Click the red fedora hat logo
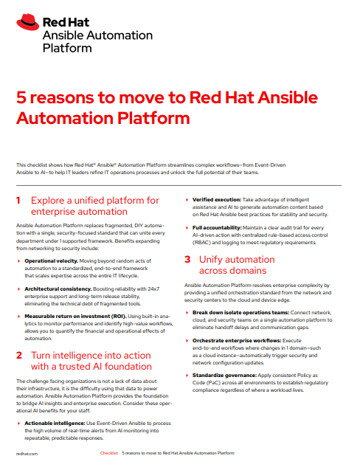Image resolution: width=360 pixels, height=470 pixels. [x=27, y=22]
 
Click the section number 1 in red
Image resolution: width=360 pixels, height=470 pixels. [x=18, y=200]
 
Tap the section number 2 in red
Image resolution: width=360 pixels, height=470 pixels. [x=19, y=355]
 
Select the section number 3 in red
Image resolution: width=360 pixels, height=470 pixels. [x=187, y=259]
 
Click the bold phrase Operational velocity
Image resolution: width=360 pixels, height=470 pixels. [x=51, y=260]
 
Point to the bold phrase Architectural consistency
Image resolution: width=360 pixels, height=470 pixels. [x=58, y=289]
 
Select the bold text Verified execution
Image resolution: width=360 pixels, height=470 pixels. [x=217, y=200]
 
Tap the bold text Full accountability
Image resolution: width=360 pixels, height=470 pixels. [x=217, y=228]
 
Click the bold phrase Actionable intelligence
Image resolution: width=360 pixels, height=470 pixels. [x=55, y=424]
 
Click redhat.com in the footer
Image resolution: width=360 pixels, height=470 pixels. [x=27, y=454]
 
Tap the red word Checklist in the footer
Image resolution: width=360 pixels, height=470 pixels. [x=108, y=453]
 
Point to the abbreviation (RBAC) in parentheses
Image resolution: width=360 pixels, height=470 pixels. [x=201, y=243]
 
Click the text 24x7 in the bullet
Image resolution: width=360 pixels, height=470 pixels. [x=153, y=289]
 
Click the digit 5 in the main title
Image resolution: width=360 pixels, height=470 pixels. [x=21, y=97]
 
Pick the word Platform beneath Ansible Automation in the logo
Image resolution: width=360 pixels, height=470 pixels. [x=67, y=48]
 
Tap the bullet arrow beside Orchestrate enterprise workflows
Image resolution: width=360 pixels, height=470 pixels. [x=187, y=341]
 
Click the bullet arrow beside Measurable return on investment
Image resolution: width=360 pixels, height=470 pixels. [x=19, y=317]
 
